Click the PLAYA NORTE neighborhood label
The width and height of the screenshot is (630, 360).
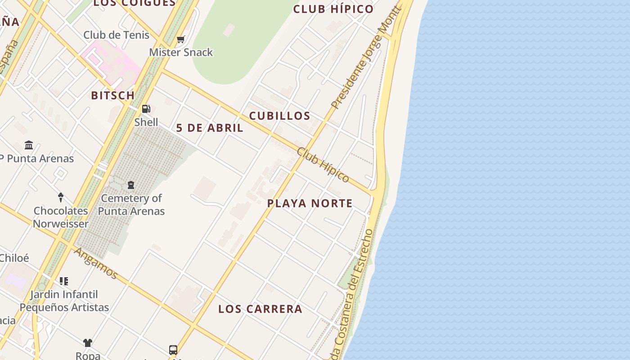pyautogui.click(x=310, y=203)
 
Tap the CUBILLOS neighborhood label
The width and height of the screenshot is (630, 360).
pyautogui.click(x=279, y=116)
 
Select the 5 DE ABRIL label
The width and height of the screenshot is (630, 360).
pyautogui.click(x=210, y=128)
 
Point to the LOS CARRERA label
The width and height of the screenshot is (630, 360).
pyautogui.click(x=260, y=309)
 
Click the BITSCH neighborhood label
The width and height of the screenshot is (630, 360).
pyautogui.click(x=112, y=95)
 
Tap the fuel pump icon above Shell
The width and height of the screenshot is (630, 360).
pyautogui.click(x=146, y=109)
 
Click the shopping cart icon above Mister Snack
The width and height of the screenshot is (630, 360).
pyautogui.click(x=181, y=40)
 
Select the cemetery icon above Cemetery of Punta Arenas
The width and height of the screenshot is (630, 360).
pyautogui.click(x=131, y=185)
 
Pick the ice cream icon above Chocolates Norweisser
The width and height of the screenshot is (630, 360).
pyautogui.click(x=61, y=197)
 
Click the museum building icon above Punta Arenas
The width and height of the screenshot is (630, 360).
pyautogui.click(x=29, y=145)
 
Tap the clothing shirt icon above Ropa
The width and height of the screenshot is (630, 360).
pyautogui.click(x=88, y=343)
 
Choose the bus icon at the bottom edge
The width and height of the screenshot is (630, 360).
pyautogui.click(x=173, y=350)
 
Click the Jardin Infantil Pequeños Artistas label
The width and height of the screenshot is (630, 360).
pyautogui.click(x=64, y=301)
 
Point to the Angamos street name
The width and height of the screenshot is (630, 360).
pyautogui.click(x=96, y=263)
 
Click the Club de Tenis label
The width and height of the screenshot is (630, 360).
pyautogui.click(x=116, y=35)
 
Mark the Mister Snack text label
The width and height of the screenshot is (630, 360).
pyautogui.click(x=181, y=52)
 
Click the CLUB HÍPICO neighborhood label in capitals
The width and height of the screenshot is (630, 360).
pyautogui.click(x=333, y=9)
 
